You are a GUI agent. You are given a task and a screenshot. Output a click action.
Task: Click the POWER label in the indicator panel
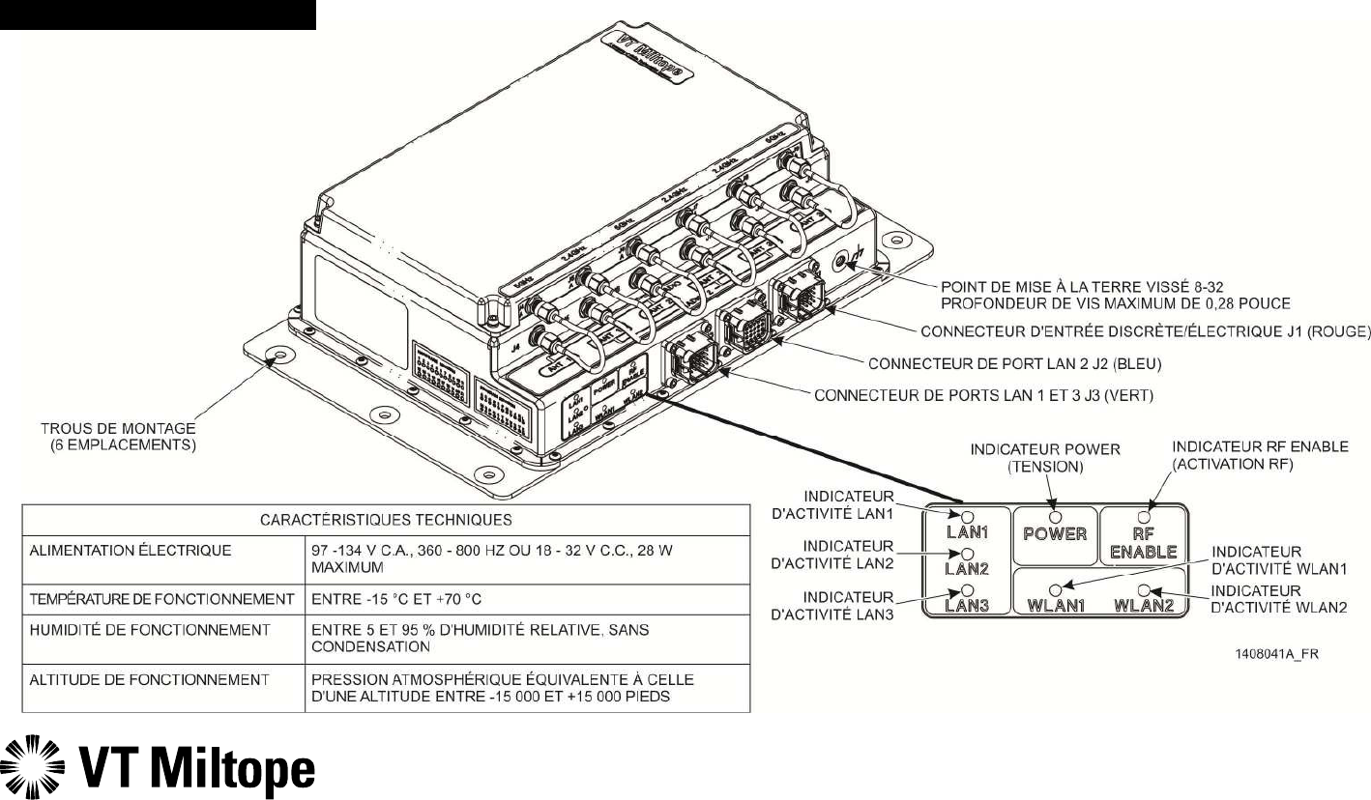coord(1055,533)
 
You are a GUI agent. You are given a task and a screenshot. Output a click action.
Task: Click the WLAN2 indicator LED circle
coord(1144,588)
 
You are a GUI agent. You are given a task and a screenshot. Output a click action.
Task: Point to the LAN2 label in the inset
coord(967,569)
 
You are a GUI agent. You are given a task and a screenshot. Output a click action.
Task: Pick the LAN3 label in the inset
coord(967,606)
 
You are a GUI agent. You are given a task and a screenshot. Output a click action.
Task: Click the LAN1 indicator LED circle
coord(967,516)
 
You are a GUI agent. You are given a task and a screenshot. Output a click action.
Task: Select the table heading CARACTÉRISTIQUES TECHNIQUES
coord(385,521)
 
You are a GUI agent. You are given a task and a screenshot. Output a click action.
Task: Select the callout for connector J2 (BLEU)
coord(1014,364)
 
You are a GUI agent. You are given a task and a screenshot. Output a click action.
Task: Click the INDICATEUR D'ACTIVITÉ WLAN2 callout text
coord(1266,598)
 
